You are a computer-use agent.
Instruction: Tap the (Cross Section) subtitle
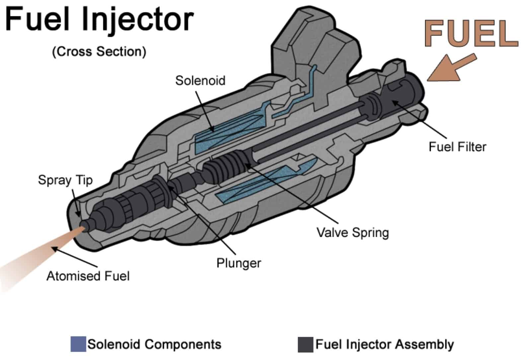click(99, 52)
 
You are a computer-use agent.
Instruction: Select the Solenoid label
click(200, 81)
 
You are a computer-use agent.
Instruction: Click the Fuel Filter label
click(457, 146)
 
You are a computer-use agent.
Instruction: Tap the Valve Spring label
click(352, 232)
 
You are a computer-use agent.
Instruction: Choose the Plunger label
click(239, 263)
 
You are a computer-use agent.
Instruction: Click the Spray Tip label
click(65, 180)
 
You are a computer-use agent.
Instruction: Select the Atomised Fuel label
click(88, 276)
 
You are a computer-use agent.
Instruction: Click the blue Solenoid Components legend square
click(78, 344)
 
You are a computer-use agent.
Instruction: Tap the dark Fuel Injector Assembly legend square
click(305, 344)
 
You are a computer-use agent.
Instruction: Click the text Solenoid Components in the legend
click(154, 344)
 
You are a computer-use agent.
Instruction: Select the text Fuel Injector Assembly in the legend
click(384, 344)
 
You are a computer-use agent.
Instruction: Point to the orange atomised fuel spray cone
click(40, 256)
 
